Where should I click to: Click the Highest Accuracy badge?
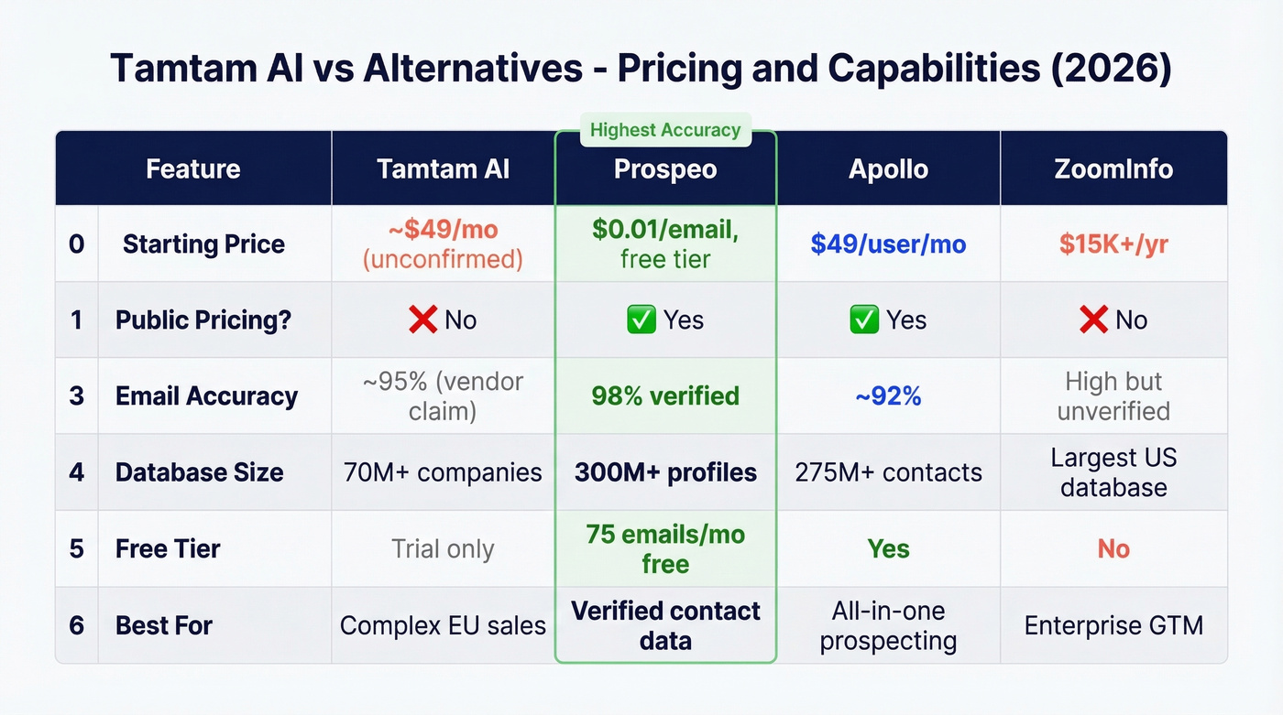coord(665,130)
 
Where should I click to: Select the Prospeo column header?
coord(665,169)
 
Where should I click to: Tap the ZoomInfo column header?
coord(1113,169)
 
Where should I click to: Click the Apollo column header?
coord(888,169)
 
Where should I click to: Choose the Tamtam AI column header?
coord(443,169)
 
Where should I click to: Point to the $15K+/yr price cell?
coord(1113,244)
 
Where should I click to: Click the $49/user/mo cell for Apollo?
coord(888,244)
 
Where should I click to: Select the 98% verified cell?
coord(665,396)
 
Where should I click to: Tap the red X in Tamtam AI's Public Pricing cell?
coord(422,320)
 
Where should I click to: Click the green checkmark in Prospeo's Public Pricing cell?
coord(641,320)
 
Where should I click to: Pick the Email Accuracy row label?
coord(206,396)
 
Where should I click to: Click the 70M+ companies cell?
coord(443,472)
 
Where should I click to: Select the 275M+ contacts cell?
coord(888,472)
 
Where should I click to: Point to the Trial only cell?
coord(443,549)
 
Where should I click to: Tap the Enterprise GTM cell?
coord(1113,626)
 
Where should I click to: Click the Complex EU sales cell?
coord(443,626)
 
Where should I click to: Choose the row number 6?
coord(77,626)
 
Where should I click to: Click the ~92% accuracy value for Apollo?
coord(888,396)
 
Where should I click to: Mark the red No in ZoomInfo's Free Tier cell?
coord(1113,549)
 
